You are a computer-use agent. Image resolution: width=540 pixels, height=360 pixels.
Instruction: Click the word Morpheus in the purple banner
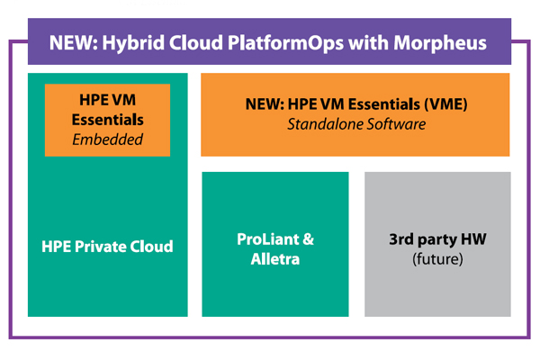(440, 44)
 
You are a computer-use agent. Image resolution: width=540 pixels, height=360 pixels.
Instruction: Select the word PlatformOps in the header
(285, 44)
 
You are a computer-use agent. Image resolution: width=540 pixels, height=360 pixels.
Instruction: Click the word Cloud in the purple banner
(196, 43)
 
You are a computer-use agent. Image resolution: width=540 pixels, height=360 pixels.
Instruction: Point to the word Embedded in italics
(107, 139)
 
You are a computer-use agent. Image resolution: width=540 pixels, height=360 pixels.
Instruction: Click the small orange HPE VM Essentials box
(107, 120)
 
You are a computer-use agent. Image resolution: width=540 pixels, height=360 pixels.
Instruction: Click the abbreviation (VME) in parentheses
(445, 104)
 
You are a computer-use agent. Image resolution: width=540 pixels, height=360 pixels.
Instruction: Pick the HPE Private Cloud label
(107, 247)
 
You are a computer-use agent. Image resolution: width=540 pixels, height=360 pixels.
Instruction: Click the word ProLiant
(268, 239)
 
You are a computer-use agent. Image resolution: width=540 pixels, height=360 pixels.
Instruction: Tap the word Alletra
(275, 259)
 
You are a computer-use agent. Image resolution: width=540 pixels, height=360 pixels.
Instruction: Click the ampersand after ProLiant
(308, 239)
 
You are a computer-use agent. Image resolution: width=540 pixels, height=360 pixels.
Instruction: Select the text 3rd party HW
(437, 239)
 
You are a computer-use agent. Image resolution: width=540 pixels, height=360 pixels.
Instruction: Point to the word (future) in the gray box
(437, 259)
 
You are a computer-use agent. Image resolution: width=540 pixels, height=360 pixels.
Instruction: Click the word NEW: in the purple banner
(74, 43)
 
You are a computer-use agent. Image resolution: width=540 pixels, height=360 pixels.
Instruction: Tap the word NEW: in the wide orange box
(265, 104)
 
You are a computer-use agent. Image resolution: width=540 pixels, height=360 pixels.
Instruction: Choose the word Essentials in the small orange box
(107, 120)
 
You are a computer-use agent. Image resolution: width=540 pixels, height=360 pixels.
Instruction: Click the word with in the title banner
(368, 43)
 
